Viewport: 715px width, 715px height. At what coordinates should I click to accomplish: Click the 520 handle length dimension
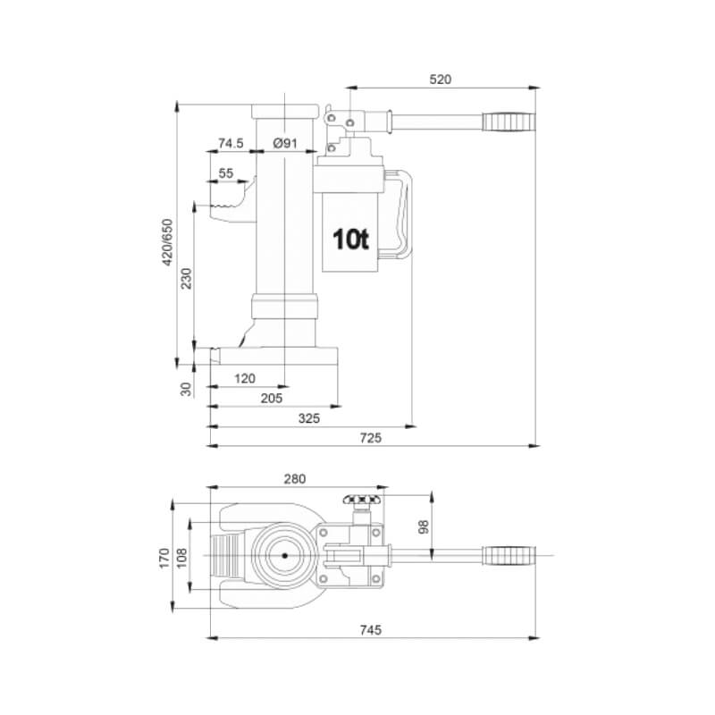[441, 79]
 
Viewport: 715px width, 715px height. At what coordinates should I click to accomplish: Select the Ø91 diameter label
[284, 143]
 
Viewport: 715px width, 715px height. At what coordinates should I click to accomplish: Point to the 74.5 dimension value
[231, 143]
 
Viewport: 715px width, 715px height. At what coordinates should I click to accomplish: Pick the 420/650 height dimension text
[166, 241]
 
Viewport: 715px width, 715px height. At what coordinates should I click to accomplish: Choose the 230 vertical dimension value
[186, 280]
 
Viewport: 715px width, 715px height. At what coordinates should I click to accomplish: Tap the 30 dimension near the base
[187, 389]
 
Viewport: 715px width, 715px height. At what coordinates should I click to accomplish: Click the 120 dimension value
[245, 378]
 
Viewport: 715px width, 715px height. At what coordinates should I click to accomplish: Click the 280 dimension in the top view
[294, 478]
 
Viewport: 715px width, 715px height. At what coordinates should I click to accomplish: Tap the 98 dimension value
[423, 527]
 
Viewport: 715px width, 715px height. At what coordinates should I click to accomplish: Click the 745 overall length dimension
[370, 630]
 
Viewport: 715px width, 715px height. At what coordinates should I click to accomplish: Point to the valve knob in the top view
[363, 500]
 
